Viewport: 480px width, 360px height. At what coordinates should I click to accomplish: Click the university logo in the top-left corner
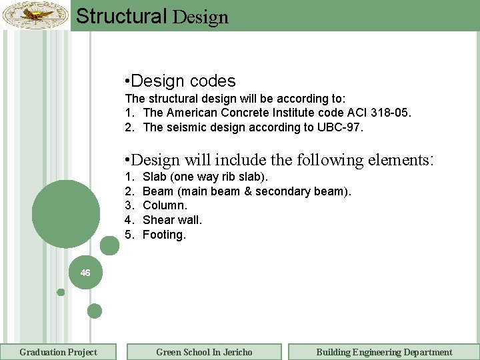point(35,15)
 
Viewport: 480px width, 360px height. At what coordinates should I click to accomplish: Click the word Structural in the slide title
point(121,16)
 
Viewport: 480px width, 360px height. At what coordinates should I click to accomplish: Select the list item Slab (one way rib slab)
point(205,177)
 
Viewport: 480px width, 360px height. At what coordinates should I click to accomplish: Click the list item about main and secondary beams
point(247,191)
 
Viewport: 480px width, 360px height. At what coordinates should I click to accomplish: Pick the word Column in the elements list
point(165,205)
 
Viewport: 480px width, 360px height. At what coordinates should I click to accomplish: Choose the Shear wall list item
point(172,220)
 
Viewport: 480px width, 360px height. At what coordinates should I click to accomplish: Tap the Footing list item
point(164,235)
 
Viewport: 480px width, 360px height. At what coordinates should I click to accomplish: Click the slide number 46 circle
point(85,273)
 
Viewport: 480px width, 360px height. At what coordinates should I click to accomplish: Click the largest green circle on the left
point(65,213)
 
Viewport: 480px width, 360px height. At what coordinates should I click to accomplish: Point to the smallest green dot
point(61,292)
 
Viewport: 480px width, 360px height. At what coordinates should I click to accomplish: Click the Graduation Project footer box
point(58,352)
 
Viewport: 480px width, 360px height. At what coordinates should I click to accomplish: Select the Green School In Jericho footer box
point(204,352)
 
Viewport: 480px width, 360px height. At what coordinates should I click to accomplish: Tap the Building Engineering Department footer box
point(384,352)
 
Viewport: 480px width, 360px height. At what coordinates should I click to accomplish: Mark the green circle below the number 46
point(95,311)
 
